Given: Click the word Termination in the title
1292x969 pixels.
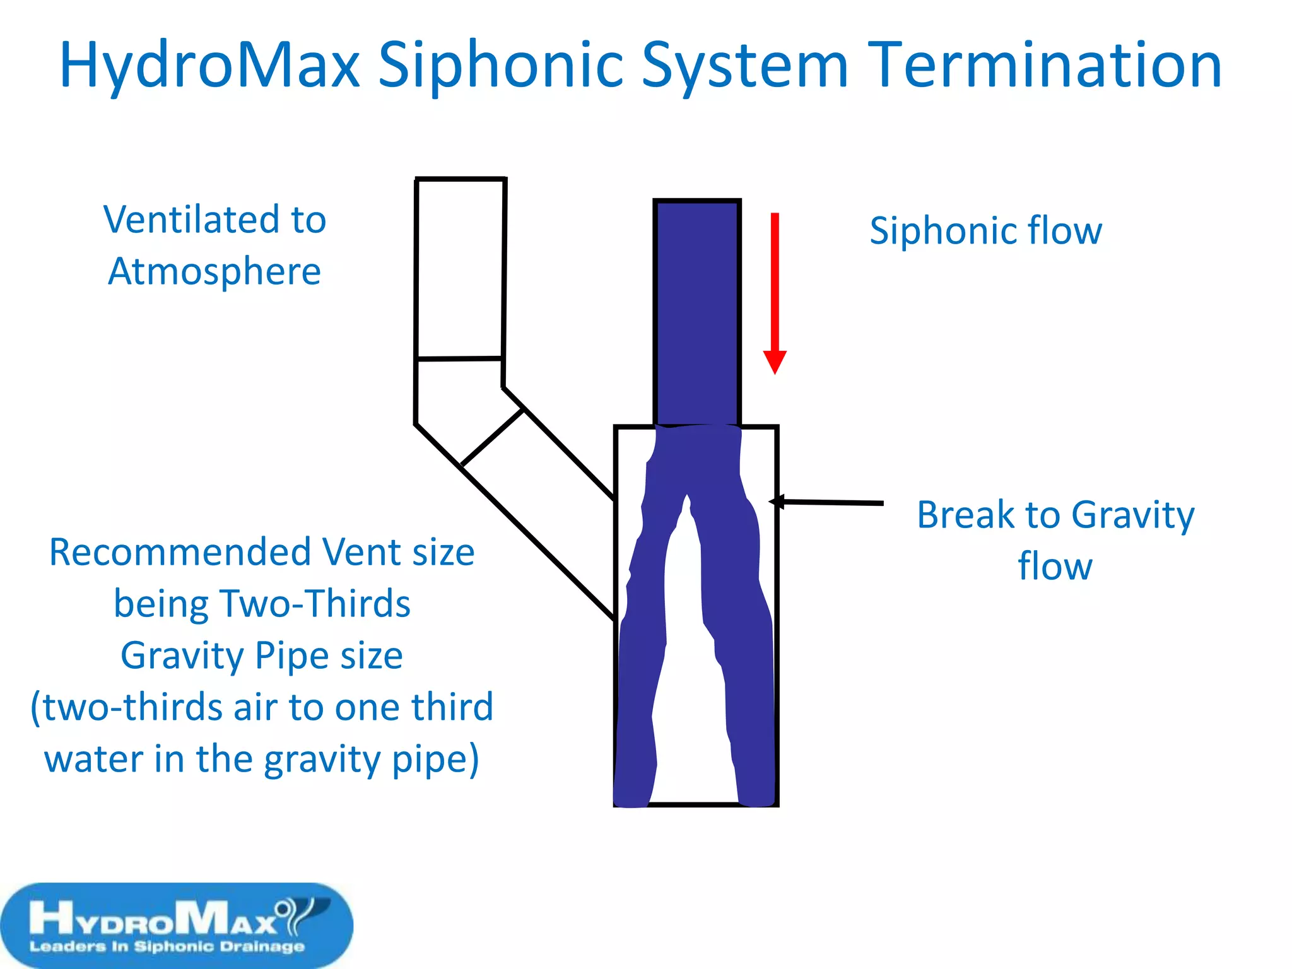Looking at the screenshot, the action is click(1045, 65).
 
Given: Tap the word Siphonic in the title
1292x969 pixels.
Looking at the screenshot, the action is click(501, 65).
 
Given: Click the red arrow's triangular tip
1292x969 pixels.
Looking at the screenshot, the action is click(775, 362).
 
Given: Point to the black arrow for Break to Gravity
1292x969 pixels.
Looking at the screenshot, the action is click(826, 502).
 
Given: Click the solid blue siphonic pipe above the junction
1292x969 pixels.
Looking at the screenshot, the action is click(697, 312).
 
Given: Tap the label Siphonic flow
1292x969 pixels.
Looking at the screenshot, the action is click(985, 230).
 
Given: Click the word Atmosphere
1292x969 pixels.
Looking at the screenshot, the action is click(214, 272).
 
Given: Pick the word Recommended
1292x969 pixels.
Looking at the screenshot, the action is click(180, 553).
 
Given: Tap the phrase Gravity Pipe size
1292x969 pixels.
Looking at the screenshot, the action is click(262, 655).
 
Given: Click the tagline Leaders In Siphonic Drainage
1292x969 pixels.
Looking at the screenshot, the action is click(167, 946).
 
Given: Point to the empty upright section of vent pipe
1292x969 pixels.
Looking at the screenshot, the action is click(460, 268).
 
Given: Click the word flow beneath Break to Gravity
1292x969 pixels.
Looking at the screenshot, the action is click(1055, 567).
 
